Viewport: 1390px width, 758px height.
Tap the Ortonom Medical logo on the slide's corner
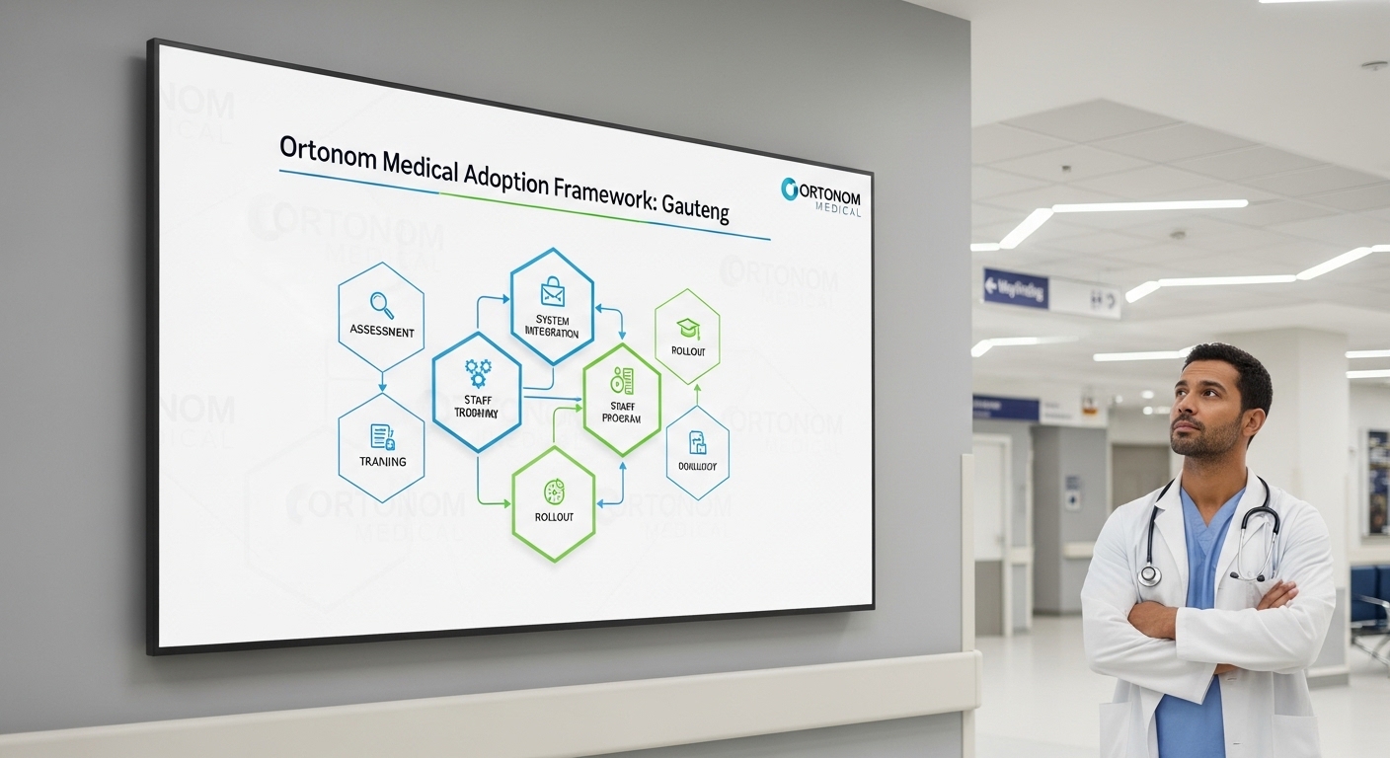(x=820, y=194)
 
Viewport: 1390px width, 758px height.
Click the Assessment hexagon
(x=381, y=316)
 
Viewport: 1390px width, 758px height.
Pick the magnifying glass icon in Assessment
(x=381, y=304)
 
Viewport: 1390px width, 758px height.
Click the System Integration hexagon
(x=552, y=306)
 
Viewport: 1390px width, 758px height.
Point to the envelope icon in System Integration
(x=552, y=292)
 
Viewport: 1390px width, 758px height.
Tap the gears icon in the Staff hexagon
(x=478, y=372)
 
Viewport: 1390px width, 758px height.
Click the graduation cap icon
(x=687, y=327)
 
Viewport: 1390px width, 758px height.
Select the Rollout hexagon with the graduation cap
(x=687, y=337)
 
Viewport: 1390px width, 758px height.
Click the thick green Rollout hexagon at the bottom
(x=554, y=503)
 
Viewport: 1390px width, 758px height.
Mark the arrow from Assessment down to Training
(x=382, y=382)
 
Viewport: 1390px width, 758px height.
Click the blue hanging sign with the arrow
(x=1015, y=288)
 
